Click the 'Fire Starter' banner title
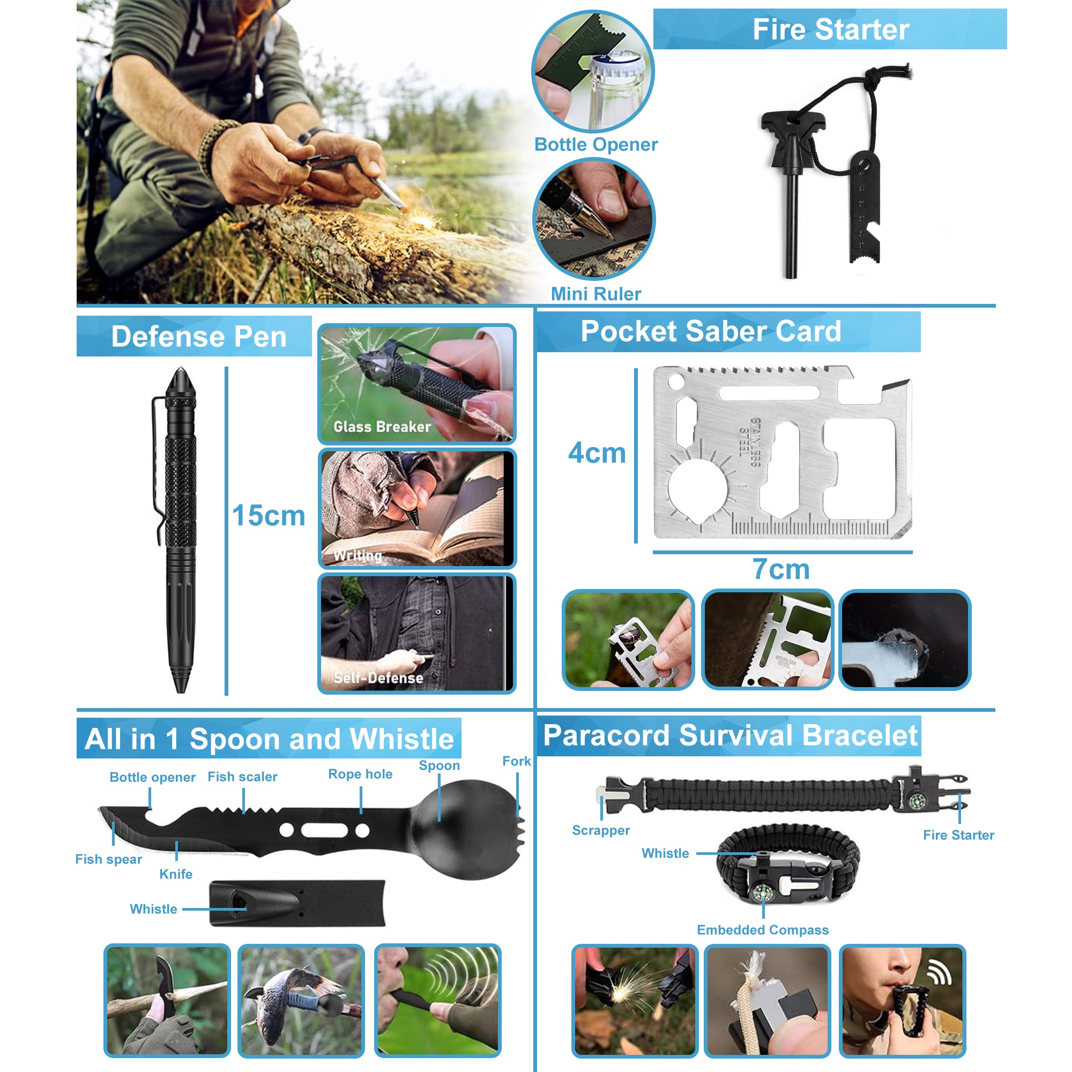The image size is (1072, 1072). coord(831,29)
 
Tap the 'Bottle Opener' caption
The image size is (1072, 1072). coord(596,144)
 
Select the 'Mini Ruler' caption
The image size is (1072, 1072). coord(596,294)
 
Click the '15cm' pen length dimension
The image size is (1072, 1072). coord(269,516)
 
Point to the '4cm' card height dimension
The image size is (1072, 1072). coord(597,453)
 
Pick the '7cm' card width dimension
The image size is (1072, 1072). coord(781,569)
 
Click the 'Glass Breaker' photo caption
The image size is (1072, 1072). coord(382,426)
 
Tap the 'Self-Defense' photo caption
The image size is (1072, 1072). coord(378,678)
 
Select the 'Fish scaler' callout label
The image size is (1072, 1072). coord(242,777)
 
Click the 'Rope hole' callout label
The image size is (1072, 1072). coord(360,774)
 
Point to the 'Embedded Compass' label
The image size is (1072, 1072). coord(763,930)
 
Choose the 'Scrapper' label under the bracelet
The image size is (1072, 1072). coord(601,831)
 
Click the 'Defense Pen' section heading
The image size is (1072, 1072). coord(199,336)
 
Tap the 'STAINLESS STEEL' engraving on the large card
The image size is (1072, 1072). coord(750,443)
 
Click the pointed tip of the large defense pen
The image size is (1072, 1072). coord(180,368)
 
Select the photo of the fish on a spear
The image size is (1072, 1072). coord(301,1000)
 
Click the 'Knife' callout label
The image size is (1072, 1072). coord(176,874)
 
